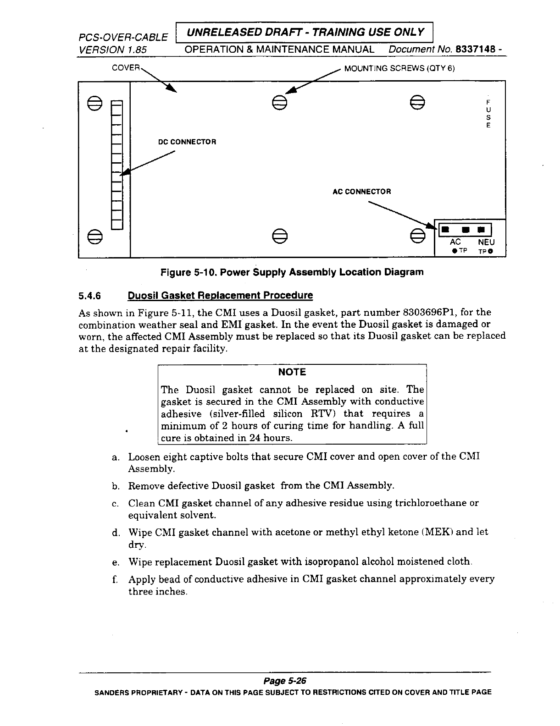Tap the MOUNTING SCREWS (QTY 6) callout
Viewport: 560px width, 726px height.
click(x=399, y=69)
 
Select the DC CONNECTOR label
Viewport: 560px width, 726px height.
click(x=187, y=142)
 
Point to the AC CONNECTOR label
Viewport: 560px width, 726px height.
click(x=361, y=192)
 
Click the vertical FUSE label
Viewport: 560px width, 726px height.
click(x=488, y=113)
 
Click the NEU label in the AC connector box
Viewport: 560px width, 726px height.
click(x=486, y=242)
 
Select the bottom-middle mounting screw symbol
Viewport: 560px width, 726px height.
click(x=279, y=236)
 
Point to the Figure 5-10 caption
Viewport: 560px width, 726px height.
click(x=292, y=272)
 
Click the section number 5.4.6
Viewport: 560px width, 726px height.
click(x=89, y=296)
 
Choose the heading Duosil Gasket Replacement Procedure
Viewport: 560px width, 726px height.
click(x=220, y=296)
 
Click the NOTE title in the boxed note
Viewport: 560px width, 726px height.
click(x=292, y=372)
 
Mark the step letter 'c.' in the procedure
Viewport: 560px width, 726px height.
click(x=116, y=504)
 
